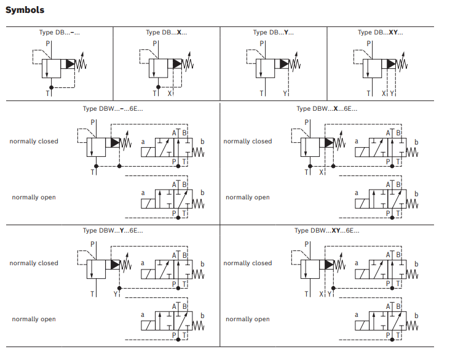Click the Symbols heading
pyautogui.click(x=25, y=10)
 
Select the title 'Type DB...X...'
pyautogui.click(x=166, y=33)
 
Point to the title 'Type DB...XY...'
pyautogui.click(x=381, y=33)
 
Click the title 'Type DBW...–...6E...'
pyautogui.click(x=113, y=109)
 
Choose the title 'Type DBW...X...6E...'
pyautogui.click(x=326, y=109)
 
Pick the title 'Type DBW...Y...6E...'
pyautogui.click(x=113, y=231)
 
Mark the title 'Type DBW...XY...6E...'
pyautogui.click(x=326, y=231)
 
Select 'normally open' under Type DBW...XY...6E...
pyautogui.click(x=248, y=319)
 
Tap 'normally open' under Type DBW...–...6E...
pyautogui.click(x=34, y=198)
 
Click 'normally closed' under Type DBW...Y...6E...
pyautogui.click(x=34, y=263)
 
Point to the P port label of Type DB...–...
pyautogui.click(x=48, y=44)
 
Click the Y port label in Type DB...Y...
pyautogui.click(x=285, y=94)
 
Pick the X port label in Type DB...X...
pyautogui.click(x=169, y=94)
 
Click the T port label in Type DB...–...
pyautogui.click(x=47, y=94)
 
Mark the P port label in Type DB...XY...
pyautogui.click(x=369, y=44)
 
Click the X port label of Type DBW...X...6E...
pyautogui.click(x=321, y=172)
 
